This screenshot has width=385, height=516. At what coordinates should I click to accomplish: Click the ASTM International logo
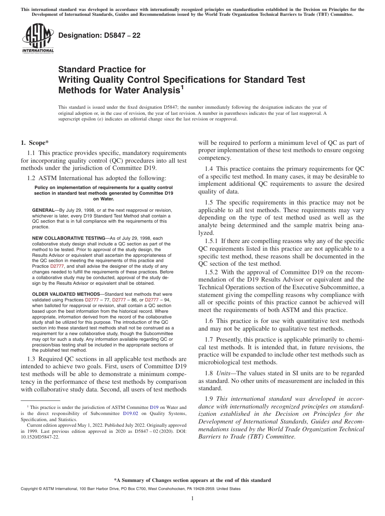tap(38, 38)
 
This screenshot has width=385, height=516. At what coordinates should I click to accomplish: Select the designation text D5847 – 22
tap(99, 35)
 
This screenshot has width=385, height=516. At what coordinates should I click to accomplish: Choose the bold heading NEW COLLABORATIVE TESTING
tap(68, 238)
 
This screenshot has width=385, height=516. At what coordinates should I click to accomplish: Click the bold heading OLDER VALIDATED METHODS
tap(66, 294)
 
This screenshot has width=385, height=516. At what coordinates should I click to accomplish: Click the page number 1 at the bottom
tap(192, 499)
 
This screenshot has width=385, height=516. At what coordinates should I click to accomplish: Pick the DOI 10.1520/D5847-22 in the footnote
tap(37, 438)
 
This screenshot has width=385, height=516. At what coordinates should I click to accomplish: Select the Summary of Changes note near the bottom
tap(192, 480)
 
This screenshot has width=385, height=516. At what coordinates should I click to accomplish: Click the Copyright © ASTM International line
tap(130, 489)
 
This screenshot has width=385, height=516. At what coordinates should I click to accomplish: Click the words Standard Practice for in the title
tap(102, 69)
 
